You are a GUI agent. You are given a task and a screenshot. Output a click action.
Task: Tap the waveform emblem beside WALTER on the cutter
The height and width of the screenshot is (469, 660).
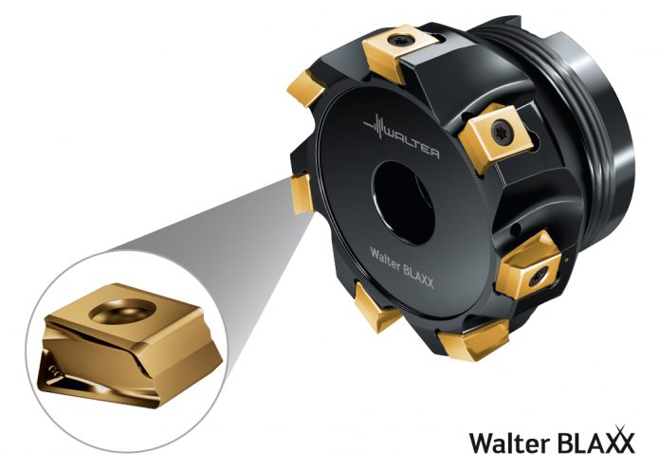375,126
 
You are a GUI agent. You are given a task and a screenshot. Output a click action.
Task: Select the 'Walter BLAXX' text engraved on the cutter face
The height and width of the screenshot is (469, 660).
401,267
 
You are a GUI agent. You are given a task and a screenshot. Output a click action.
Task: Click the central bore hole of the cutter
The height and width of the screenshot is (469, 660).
403,203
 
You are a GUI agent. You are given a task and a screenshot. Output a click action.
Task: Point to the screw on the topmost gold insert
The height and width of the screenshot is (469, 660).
398,41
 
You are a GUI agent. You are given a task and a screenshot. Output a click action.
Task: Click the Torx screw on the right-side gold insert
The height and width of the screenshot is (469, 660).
503,131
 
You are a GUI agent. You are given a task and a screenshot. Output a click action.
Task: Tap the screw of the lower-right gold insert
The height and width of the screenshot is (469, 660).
539,276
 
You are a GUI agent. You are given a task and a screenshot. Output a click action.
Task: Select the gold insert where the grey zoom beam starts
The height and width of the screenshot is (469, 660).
302,194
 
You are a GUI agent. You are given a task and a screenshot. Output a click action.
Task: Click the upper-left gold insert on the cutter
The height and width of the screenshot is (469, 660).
306,88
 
